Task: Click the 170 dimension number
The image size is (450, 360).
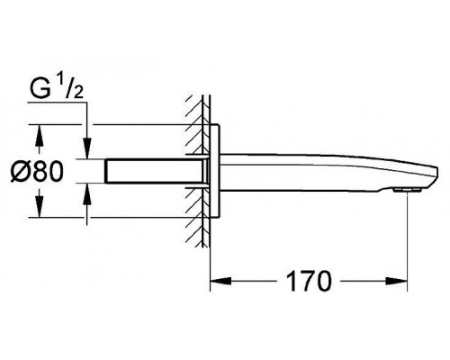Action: [309, 281]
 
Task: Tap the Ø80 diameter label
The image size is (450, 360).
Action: [37, 171]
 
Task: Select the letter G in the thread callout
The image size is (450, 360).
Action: [40, 88]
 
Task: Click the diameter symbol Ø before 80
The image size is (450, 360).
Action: [20, 171]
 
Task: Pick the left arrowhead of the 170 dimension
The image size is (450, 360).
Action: [220, 281]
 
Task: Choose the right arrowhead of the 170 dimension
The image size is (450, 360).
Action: [396, 281]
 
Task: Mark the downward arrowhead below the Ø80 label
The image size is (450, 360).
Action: [39, 206]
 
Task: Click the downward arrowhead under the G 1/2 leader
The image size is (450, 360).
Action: [87, 148]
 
